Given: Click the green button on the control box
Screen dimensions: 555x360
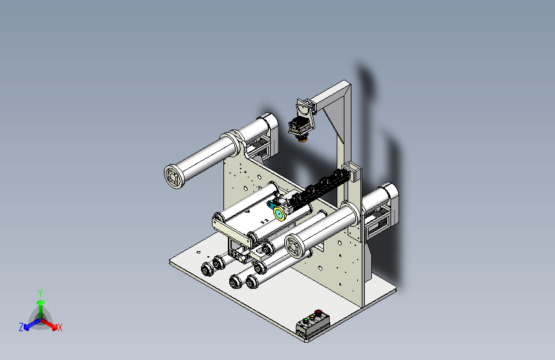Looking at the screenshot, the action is pos(306,320).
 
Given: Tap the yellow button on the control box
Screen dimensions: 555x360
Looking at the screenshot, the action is pos(312,317).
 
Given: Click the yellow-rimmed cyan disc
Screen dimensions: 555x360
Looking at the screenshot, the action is pos(280,214).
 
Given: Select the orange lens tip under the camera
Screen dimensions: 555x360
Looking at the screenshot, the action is pos(302,140).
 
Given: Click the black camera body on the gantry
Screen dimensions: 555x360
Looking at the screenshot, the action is pos(299,126).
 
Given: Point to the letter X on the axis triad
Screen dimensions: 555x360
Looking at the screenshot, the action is pos(60,328).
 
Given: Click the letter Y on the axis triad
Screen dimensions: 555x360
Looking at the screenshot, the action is pos(40,293).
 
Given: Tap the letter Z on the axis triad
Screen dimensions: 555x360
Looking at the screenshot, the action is pos(21,327).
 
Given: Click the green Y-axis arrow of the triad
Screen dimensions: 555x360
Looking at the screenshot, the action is pos(41,309).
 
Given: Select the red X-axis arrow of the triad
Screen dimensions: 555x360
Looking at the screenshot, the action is pos(49,324).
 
